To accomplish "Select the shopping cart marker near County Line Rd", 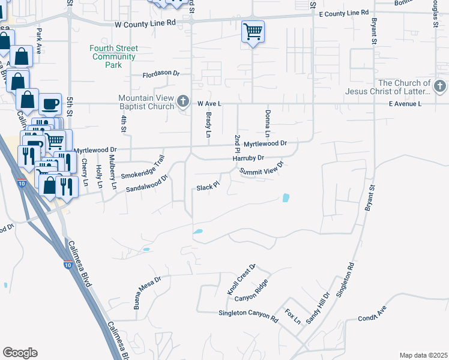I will click(x=253, y=31).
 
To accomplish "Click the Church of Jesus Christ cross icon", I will click(x=439, y=87).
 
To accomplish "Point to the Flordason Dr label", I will click(x=161, y=74).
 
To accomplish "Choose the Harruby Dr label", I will click(x=248, y=158).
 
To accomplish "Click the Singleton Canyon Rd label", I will click(x=248, y=316).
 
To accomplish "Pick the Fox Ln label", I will click(x=293, y=316).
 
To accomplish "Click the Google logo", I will click(x=20, y=353).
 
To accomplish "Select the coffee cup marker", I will click(x=50, y=104).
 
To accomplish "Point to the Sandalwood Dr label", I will click(x=145, y=184).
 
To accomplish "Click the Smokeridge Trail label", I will click(x=142, y=169).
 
